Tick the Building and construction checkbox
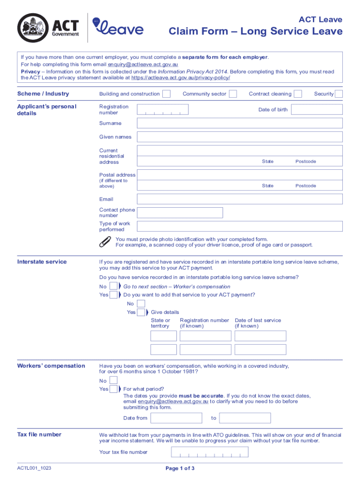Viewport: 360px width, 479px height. [166, 94]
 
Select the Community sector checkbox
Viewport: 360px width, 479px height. [233, 94]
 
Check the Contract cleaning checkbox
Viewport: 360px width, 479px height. [298, 94]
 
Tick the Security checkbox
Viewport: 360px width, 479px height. [339, 94]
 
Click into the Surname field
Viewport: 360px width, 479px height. [239, 123]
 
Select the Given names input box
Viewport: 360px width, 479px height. [239, 137]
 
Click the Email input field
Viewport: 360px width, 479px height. [239, 199]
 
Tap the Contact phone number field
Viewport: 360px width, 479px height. [180, 213]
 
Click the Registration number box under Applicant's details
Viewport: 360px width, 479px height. [163, 109]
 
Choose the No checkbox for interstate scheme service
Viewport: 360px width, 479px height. [114, 286]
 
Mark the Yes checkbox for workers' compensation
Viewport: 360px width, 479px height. [114, 389]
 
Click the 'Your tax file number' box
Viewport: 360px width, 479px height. [209, 452]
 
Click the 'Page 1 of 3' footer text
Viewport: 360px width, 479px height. [180, 468]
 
